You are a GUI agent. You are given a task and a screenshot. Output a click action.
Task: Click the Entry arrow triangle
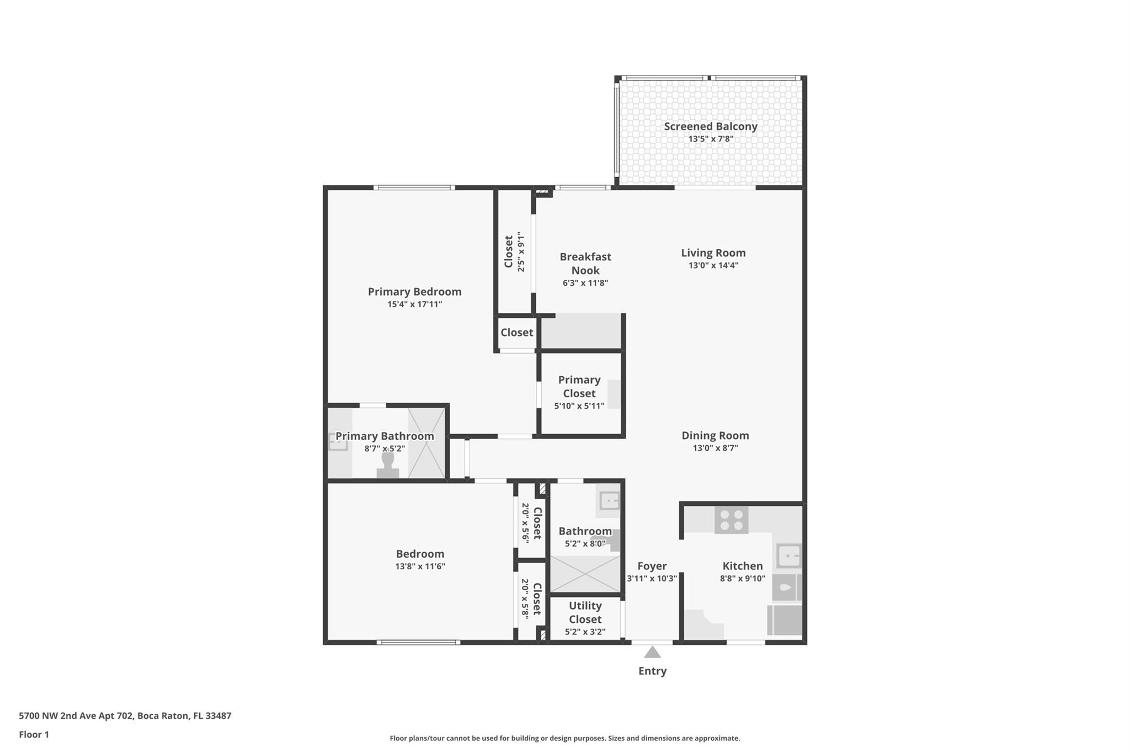point(653,652)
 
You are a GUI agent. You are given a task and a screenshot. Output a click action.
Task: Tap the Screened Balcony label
point(711,126)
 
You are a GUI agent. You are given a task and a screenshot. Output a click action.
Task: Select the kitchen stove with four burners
point(732,520)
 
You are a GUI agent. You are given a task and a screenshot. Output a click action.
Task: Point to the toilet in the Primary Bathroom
point(388,464)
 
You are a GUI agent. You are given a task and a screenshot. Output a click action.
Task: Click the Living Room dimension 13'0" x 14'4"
point(713,265)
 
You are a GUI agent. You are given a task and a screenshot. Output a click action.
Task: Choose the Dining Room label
point(715,435)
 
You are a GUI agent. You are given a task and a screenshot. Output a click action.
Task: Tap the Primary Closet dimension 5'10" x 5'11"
point(579,406)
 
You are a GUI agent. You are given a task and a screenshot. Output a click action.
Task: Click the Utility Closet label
point(585,612)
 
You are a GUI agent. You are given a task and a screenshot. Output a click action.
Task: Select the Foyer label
point(652,566)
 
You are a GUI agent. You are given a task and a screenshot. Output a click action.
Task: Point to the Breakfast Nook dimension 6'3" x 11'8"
point(585,283)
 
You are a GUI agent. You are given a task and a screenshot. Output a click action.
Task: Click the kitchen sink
point(789,556)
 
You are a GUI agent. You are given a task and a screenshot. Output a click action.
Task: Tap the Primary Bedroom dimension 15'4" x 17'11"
point(415,304)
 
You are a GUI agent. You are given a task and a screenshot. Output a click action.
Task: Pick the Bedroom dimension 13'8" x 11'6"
point(420,566)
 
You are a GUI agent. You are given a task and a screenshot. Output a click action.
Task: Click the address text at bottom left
point(125,715)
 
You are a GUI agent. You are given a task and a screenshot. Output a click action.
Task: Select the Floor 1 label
point(34,734)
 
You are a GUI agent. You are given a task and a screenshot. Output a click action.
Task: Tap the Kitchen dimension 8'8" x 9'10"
point(743,578)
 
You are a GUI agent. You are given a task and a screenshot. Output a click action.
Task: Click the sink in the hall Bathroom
point(609,501)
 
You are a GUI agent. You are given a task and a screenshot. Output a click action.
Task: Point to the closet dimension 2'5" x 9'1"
point(521,252)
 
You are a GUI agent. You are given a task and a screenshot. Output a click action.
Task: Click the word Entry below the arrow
point(653,671)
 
